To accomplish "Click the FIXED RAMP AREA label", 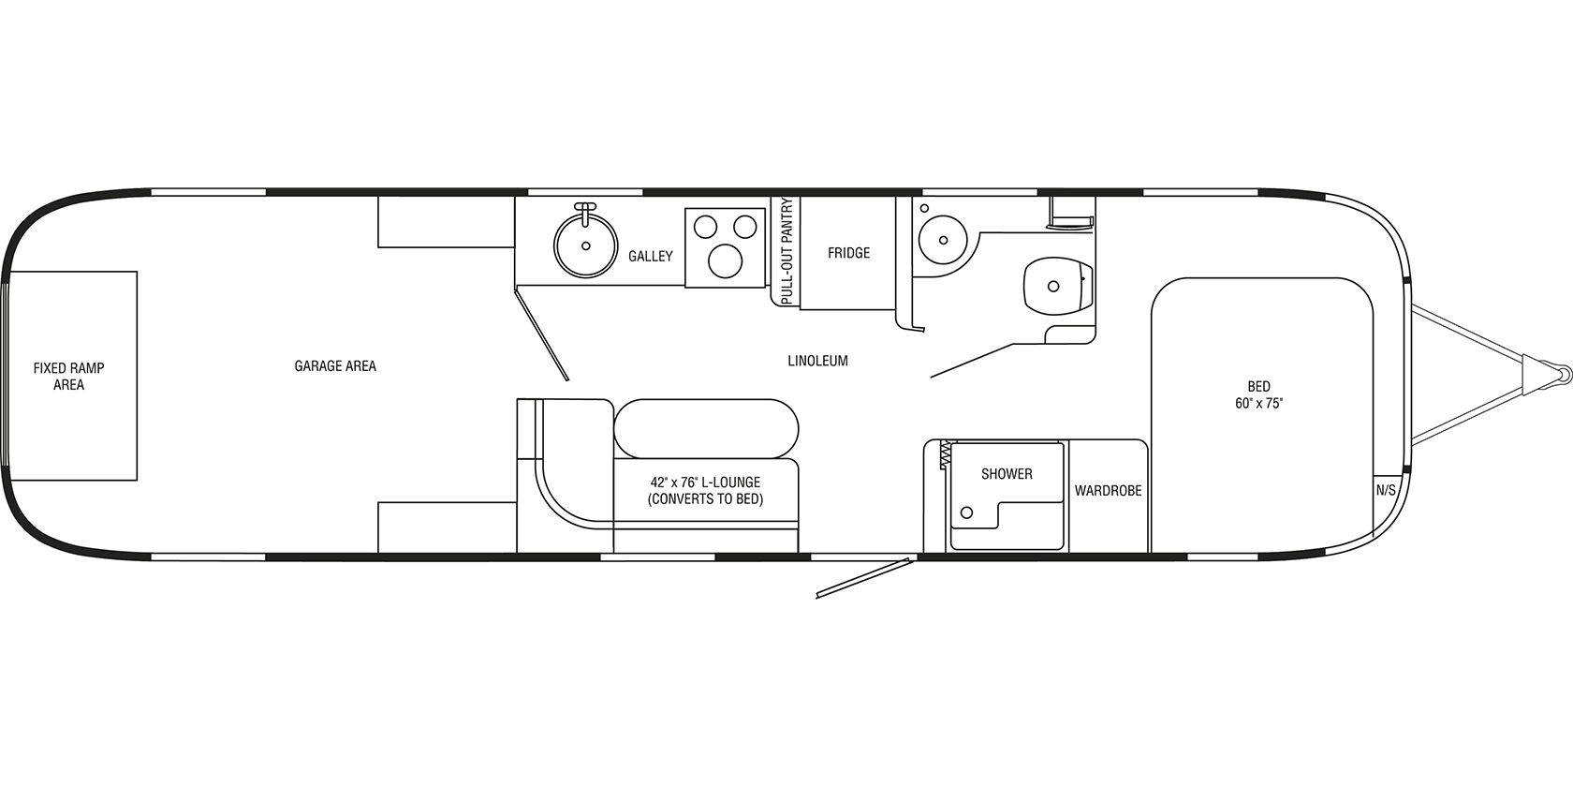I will (68, 377).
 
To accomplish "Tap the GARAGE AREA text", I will (335, 366).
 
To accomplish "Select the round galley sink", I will (586, 245).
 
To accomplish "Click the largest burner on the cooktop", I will (725, 260).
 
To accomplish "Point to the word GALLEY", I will (650, 256).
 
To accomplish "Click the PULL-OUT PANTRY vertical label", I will (786, 250).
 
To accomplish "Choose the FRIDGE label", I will (848, 253).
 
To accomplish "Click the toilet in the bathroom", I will (1058, 286).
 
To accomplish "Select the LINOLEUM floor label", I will (817, 361).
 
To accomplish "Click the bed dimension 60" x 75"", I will (1258, 404).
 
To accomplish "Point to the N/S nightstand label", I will (1386, 490).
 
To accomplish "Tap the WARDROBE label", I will (1108, 491).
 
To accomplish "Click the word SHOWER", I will (1007, 474).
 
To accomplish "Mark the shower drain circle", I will (966, 512).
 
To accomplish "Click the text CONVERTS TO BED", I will (705, 499).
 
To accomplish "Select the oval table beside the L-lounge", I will (706, 428).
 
